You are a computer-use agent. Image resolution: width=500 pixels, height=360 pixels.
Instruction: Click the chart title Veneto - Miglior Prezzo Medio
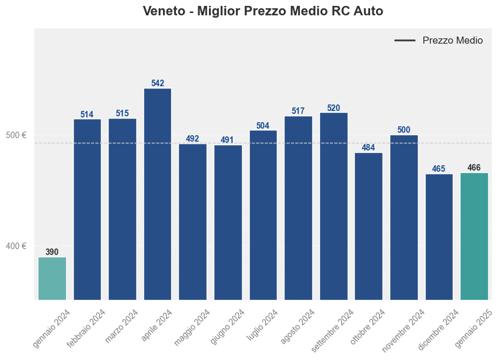coord(263,11)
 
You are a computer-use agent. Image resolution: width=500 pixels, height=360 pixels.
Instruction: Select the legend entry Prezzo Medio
coord(452,41)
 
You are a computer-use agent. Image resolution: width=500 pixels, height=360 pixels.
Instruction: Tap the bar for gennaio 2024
coord(52,278)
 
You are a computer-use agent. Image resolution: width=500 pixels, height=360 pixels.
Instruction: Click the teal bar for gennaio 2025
coord(474,236)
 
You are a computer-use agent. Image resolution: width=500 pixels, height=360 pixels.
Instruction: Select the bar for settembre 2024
coord(334,206)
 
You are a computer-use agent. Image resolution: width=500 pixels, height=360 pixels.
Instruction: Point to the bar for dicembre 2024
coord(439,237)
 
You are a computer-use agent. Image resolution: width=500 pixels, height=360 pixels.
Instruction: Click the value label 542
coord(158,83)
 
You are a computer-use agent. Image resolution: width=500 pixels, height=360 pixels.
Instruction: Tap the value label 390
coord(52,252)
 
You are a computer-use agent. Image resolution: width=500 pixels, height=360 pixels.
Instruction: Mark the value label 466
coord(474,168)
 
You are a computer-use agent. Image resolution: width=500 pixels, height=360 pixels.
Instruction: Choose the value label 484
coord(368,148)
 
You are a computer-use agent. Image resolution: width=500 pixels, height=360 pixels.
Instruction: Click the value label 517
coord(298,111)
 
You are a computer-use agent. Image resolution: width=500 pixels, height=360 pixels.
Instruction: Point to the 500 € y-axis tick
coord(17,135)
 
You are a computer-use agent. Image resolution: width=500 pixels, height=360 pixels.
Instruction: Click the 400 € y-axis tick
coord(17,246)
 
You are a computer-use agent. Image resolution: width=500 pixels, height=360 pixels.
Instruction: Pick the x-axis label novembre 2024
coord(403,330)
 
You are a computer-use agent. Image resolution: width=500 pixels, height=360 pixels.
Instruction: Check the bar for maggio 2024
coord(192,221)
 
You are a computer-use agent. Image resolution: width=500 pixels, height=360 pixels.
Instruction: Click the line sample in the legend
coord(405,41)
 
